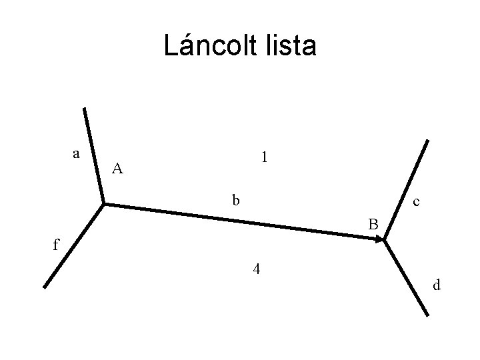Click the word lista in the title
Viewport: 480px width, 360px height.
pos(290,46)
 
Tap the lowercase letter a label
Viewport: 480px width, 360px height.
pos(77,154)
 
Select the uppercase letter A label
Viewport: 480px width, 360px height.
pos(117,169)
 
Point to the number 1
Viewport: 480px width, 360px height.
pos(265,157)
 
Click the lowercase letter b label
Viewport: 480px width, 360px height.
pos(235,199)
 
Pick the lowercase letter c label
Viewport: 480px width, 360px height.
pos(416,201)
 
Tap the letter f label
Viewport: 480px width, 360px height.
pos(56,245)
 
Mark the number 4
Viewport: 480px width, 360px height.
pos(256,270)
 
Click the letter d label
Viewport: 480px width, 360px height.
pos(437,285)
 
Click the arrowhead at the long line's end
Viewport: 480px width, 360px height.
pos(379,238)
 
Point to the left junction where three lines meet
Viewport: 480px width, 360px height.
pos(103,203)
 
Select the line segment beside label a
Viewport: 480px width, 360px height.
pos(93,155)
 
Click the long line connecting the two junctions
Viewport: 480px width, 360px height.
pos(240,220)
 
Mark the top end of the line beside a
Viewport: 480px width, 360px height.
pos(84,109)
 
